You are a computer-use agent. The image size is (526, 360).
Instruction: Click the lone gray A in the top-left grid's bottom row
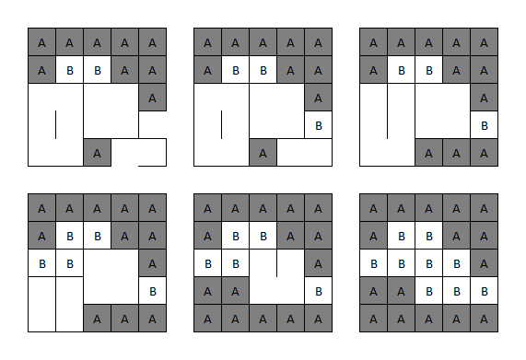tap(97, 152)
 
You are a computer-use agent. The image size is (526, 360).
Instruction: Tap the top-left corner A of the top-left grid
tap(41, 42)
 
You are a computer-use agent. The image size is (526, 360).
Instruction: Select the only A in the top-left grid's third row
tap(152, 98)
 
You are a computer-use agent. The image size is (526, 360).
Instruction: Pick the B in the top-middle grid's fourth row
tap(318, 125)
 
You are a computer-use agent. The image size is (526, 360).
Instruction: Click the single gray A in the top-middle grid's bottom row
tap(263, 152)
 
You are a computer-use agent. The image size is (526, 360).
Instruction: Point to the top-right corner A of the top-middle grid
tap(318, 42)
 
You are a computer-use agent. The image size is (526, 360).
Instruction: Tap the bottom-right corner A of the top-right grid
tap(484, 152)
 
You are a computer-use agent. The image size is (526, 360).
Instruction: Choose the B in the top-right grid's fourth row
tap(484, 125)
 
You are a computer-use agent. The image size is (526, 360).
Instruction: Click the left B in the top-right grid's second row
tap(401, 70)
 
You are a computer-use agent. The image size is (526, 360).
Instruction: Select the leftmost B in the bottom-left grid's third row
tap(41, 263)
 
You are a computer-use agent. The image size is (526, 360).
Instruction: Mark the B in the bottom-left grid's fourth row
tap(152, 291)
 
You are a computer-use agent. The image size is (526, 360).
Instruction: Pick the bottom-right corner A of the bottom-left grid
tap(152, 318)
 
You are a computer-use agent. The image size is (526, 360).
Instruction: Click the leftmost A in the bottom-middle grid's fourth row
tap(207, 291)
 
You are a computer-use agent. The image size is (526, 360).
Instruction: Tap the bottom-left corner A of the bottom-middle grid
tap(207, 318)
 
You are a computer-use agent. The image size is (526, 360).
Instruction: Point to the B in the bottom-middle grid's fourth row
tap(318, 291)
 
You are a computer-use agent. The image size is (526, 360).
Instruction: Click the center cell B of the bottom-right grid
tap(428, 263)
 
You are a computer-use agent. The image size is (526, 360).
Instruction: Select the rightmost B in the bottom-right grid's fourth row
tap(484, 291)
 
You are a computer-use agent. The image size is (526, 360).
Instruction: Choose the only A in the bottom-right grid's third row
tap(484, 263)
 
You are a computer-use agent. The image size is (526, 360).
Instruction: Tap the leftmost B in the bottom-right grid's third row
tap(373, 263)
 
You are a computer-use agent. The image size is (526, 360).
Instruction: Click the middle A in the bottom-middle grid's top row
tap(263, 208)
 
